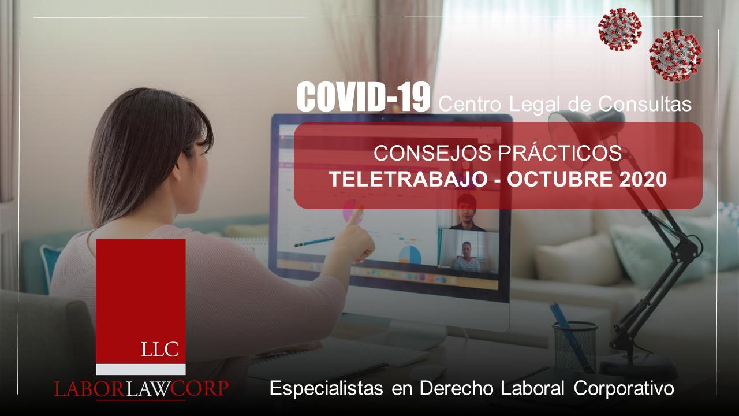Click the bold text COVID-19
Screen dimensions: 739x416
pos(363,96)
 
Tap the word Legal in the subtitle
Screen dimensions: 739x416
pos(534,105)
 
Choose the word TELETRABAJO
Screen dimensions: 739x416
pos(409,179)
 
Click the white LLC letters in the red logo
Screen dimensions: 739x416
pos(160,350)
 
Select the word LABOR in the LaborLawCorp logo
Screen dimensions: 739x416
pos(89,389)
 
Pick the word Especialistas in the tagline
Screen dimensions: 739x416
pos(326,388)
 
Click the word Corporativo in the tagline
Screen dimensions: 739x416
pos(624,388)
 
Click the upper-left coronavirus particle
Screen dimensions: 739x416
pos(620,29)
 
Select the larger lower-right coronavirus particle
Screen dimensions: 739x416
pos(675,55)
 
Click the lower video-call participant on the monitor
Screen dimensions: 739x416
pos(466,257)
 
